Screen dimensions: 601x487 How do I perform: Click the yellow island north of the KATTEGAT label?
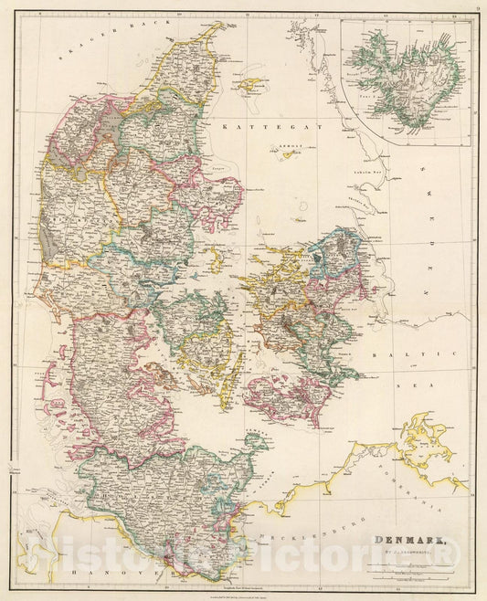(249, 86)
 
